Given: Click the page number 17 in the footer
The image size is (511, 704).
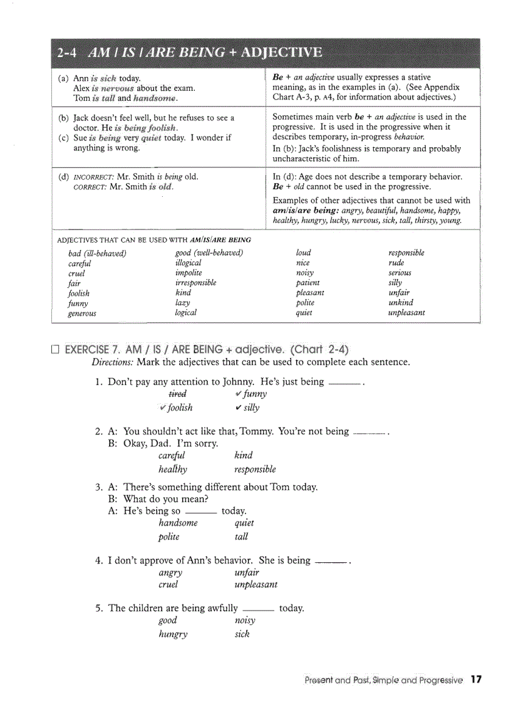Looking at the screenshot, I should (x=476, y=680).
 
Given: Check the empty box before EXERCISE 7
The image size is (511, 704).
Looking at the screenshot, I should (x=55, y=349).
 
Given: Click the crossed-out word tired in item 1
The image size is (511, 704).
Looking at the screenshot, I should (x=177, y=394).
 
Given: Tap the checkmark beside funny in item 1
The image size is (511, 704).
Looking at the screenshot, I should (x=239, y=394).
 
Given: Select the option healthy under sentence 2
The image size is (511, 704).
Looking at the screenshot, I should (x=173, y=469).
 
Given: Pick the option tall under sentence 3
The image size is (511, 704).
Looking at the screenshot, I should (x=241, y=537).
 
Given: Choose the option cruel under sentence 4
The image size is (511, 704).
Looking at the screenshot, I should (x=168, y=584).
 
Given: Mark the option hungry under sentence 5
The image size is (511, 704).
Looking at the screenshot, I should (x=173, y=634).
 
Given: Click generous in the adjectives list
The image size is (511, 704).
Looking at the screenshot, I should (x=82, y=313).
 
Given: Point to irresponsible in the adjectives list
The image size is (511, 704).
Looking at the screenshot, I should (x=195, y=283).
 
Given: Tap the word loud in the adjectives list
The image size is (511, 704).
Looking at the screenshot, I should (x=303, y=253).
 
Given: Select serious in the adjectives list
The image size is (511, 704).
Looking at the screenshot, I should (x=400, y=273).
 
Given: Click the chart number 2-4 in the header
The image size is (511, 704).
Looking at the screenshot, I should (x=66, y=53).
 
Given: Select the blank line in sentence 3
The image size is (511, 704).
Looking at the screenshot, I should (x=200, y=512).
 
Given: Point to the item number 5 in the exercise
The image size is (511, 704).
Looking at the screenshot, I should (x=99, y=608).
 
